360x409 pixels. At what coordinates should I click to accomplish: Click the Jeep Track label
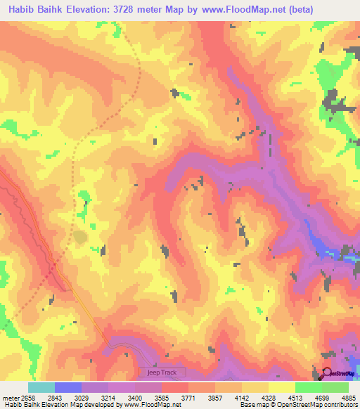point(155,372)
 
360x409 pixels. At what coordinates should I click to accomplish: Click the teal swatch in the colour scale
point(41,387)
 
